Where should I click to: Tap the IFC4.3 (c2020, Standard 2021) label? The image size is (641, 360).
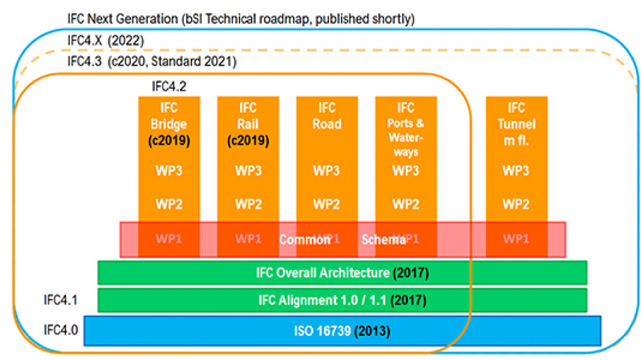[151, 61]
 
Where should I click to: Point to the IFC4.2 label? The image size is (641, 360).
[169, 87]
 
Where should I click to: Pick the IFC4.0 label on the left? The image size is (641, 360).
[60, 329]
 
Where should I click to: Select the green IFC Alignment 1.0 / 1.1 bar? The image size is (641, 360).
[342, 300]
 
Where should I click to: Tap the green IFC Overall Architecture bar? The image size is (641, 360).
[342, 273]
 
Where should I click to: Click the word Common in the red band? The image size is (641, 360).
[304, 240]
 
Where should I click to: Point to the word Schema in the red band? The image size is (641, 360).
[383, 240]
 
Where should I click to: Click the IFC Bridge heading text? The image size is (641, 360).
[169, 116]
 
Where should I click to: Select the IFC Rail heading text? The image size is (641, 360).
[248, 116]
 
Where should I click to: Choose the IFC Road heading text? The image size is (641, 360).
[327, 116]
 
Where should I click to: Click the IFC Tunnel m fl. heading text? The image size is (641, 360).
[516, 123]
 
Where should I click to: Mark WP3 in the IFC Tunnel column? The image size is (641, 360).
[516, 170]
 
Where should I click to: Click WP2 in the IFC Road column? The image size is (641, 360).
[327, 204]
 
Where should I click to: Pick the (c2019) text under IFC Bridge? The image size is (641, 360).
[169, 140]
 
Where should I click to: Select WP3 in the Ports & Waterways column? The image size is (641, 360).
[406, 170]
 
